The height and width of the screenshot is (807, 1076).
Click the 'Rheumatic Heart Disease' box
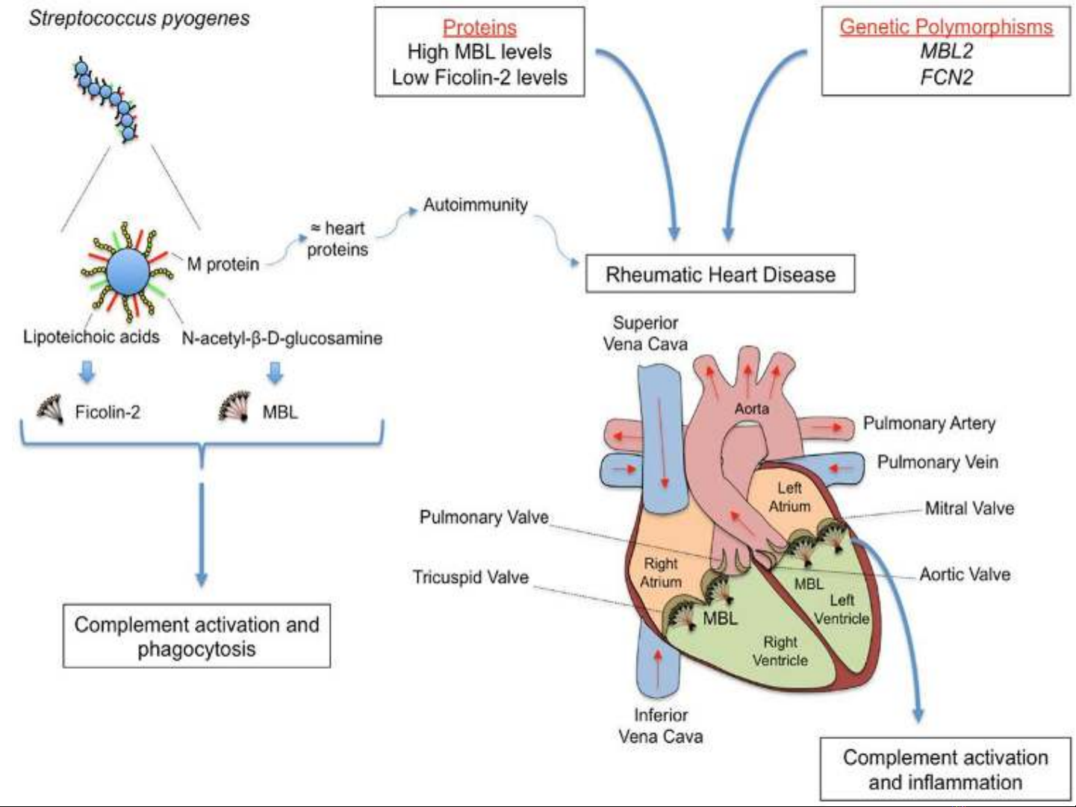tap(720, 274)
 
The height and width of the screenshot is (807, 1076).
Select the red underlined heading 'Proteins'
tap(479, 28)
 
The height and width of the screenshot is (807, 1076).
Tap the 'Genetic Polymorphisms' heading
tap(946, 26)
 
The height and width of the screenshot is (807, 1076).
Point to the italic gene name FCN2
tap(946, 78)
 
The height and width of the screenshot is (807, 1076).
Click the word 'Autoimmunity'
tap(476, 205)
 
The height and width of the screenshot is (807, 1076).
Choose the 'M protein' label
tap(223, 264)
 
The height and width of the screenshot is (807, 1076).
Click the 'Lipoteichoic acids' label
tap(92, 337)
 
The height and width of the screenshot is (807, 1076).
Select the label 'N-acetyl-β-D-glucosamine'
tap(282, 338)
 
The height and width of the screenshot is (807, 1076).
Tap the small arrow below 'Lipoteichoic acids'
tap(87, 372)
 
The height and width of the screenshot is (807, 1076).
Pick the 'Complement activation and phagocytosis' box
tap(196, 635)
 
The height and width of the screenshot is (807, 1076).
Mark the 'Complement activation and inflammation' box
tap(945, 769)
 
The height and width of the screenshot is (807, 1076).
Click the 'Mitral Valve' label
tap(969, 508)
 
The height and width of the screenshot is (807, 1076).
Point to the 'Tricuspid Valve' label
tap(470, 577)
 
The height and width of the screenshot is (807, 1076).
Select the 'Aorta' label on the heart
tap(751, 408)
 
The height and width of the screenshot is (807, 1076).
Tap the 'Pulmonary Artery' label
tap(929, 423)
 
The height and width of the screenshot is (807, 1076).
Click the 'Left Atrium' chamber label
tap(789, 497)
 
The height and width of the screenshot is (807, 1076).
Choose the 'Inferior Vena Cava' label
tap(660, 726)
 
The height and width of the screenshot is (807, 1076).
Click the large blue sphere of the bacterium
tap(128, 272)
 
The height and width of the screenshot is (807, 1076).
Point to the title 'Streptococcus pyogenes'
tap(139, 19)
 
